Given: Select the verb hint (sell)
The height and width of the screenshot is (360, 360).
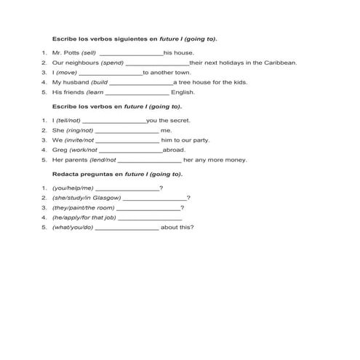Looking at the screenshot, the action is point(89,53).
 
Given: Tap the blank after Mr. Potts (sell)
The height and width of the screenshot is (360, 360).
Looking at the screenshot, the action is point(130,54).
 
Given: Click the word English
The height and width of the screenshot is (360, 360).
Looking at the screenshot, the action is point(183,92).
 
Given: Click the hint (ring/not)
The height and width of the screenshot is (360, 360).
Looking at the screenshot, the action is point(79,130).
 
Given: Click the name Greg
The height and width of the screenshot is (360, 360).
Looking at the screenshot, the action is point(59,150).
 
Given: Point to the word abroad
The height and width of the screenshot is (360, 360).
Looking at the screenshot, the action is point(173,150).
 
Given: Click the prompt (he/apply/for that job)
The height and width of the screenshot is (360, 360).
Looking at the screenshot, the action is point(84,217).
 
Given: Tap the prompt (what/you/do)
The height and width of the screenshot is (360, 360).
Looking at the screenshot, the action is point(73,227).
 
